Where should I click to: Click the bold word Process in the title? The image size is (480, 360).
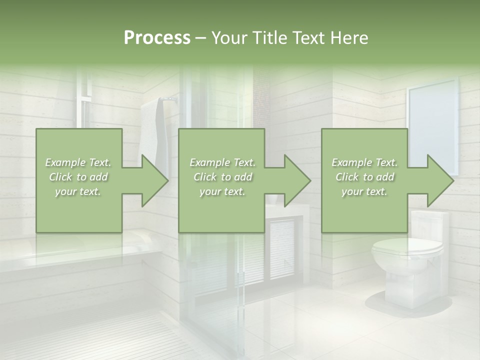(157, 38)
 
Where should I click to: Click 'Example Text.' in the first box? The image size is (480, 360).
(78, 162)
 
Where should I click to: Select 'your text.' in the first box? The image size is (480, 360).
(78, 191)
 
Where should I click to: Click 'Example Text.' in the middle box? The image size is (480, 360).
(222, 162)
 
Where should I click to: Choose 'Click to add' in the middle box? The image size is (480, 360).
(222, 177)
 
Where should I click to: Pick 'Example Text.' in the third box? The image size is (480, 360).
(365, 162)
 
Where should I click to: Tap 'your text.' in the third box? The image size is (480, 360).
(365, 191)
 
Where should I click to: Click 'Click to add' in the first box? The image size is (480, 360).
(78, 177)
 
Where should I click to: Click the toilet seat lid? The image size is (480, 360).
(407, 246)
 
